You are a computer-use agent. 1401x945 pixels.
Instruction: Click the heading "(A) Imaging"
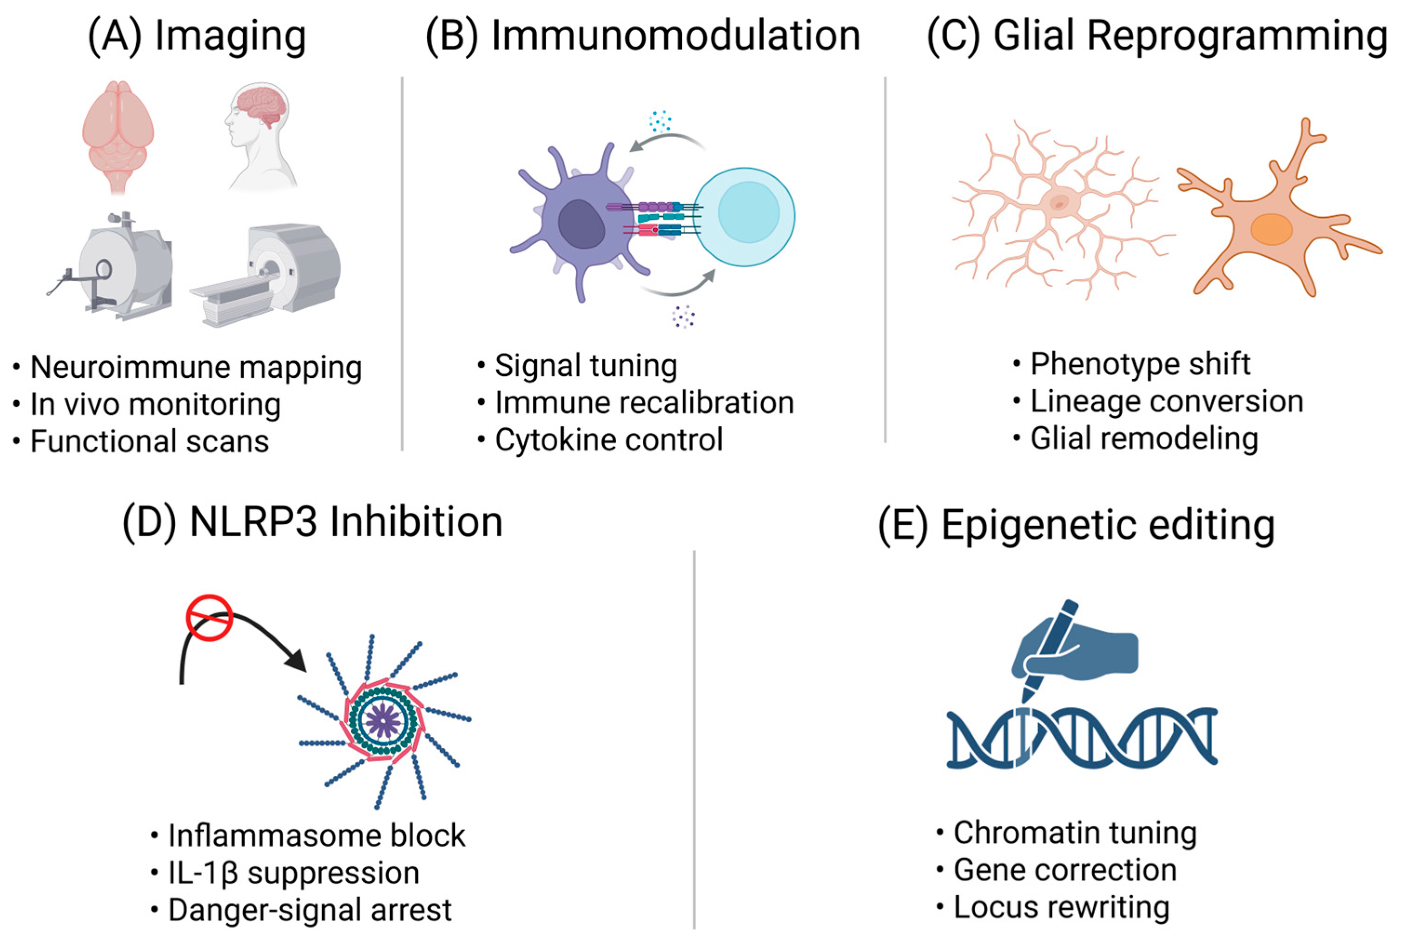coord(197,36)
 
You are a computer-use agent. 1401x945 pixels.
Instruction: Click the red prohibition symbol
coord(209,617)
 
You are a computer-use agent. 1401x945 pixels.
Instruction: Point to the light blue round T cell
coord(745,216)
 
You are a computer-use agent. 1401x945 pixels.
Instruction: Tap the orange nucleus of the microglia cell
coord(1271,230)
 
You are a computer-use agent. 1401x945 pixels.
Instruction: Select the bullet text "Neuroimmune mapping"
coord(196,367)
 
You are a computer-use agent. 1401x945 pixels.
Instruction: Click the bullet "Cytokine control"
coord(608,440)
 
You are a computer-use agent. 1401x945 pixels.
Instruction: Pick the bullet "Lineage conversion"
coord(1166,402)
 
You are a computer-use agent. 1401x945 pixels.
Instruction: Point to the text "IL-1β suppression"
coord(293,872)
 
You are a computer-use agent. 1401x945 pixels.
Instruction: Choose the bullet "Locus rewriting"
coord(1061,907)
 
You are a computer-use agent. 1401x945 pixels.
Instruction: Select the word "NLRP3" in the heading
coord(253,522)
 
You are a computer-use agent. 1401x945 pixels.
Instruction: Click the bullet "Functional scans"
coord(149,441)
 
